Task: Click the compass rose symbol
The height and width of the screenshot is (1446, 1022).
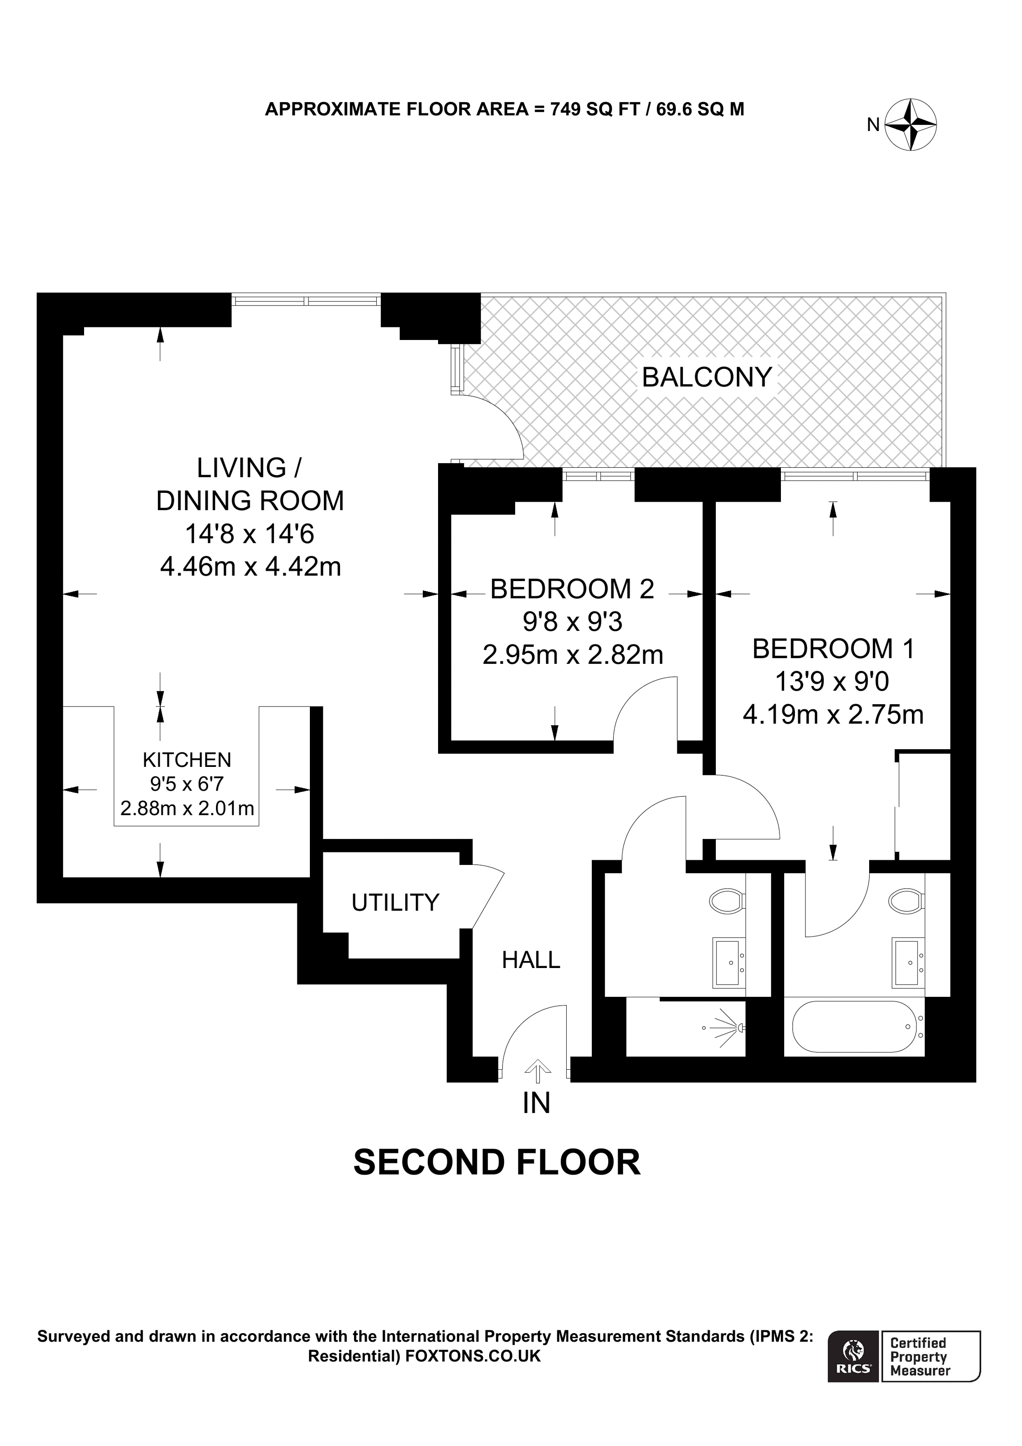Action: click(911, 124)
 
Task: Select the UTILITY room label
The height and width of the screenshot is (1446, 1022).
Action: click(395, 903)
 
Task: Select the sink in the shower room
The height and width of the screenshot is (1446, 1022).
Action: click(728, 962)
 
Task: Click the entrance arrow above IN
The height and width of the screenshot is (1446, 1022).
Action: click(537, 1068)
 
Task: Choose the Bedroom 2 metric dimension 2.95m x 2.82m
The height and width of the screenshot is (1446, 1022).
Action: click(572, 655)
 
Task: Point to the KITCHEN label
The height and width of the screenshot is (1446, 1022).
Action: click(187, 760)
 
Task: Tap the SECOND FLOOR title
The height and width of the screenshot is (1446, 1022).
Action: click(497, 1163)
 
